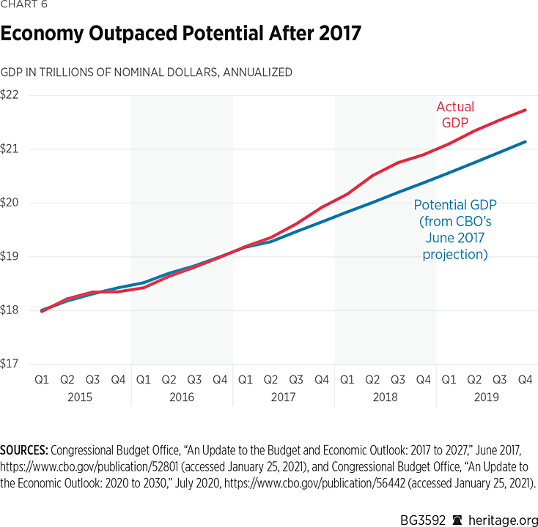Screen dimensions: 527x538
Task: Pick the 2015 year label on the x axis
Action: coord(80,397)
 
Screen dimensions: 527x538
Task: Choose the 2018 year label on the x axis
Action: coord(385,397)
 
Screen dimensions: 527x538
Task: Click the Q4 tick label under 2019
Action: coord(525,380)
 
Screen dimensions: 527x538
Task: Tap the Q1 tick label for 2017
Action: coord(246,380)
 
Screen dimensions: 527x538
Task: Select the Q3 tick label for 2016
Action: coord(194,380)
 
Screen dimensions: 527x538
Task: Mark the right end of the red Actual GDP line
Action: coord(526,110)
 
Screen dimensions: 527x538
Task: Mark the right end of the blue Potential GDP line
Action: coord(526,141)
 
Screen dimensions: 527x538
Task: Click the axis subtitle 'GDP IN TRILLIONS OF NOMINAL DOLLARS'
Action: coord(147,72)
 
